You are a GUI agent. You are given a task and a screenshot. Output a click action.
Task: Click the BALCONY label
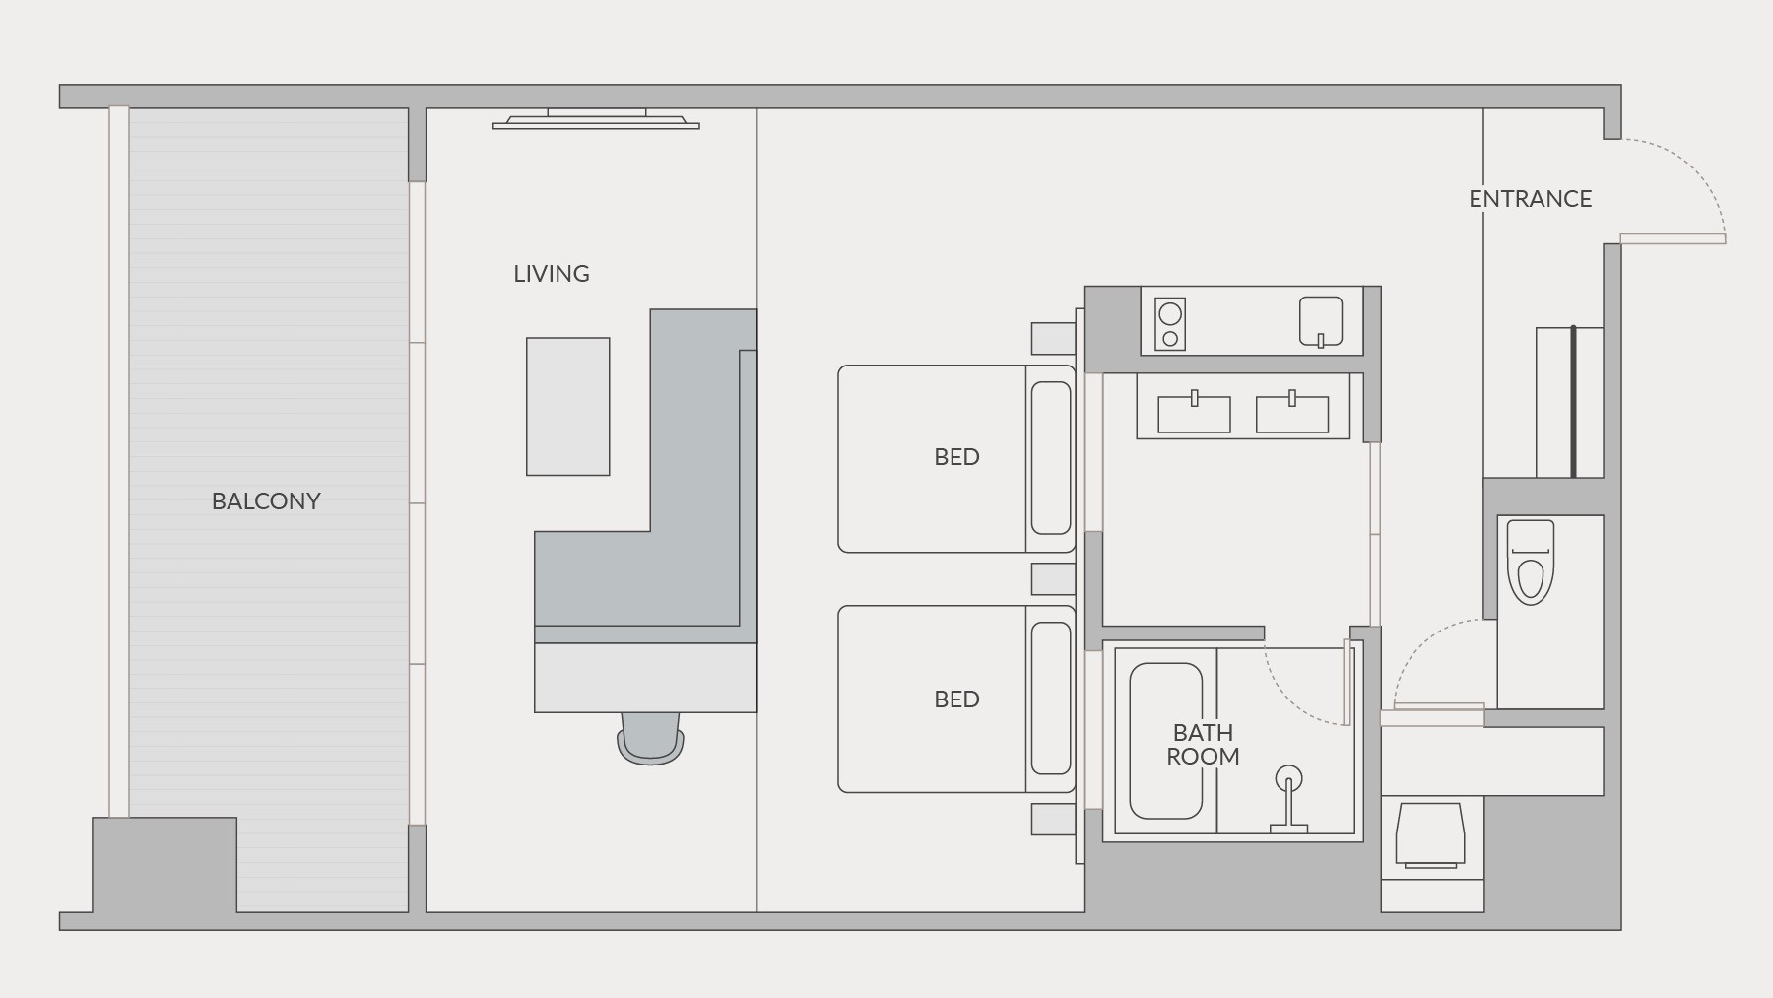point(266,501)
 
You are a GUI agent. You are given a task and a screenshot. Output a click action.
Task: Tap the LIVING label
point(552,274)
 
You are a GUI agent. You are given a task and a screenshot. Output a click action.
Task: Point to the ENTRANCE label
point(1530,199)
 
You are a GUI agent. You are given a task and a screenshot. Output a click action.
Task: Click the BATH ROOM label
point(1203,745)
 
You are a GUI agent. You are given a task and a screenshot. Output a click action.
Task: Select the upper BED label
point(956,457)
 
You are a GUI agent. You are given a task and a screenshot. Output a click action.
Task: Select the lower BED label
point(956,699)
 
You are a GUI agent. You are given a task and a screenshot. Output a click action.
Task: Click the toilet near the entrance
point(1530,562)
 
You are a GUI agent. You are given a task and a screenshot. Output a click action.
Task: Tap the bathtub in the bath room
point(1165,741)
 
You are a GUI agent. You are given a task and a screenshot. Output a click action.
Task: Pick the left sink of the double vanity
point(1194,413)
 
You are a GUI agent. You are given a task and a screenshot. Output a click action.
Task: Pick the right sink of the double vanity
point(1291,413)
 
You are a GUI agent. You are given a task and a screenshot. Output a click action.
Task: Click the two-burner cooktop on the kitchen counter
point(1170,324)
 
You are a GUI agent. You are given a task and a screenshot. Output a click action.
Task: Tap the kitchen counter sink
point(1321,321)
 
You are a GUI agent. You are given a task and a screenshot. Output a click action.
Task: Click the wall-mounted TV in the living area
point(596,119)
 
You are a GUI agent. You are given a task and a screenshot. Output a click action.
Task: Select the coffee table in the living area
point(568,407)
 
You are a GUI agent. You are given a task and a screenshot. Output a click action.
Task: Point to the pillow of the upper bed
point(1051,458)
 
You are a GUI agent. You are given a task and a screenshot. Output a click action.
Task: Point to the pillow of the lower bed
point(1051,699)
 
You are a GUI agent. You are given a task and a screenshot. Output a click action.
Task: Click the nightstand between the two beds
point(1053,579)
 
